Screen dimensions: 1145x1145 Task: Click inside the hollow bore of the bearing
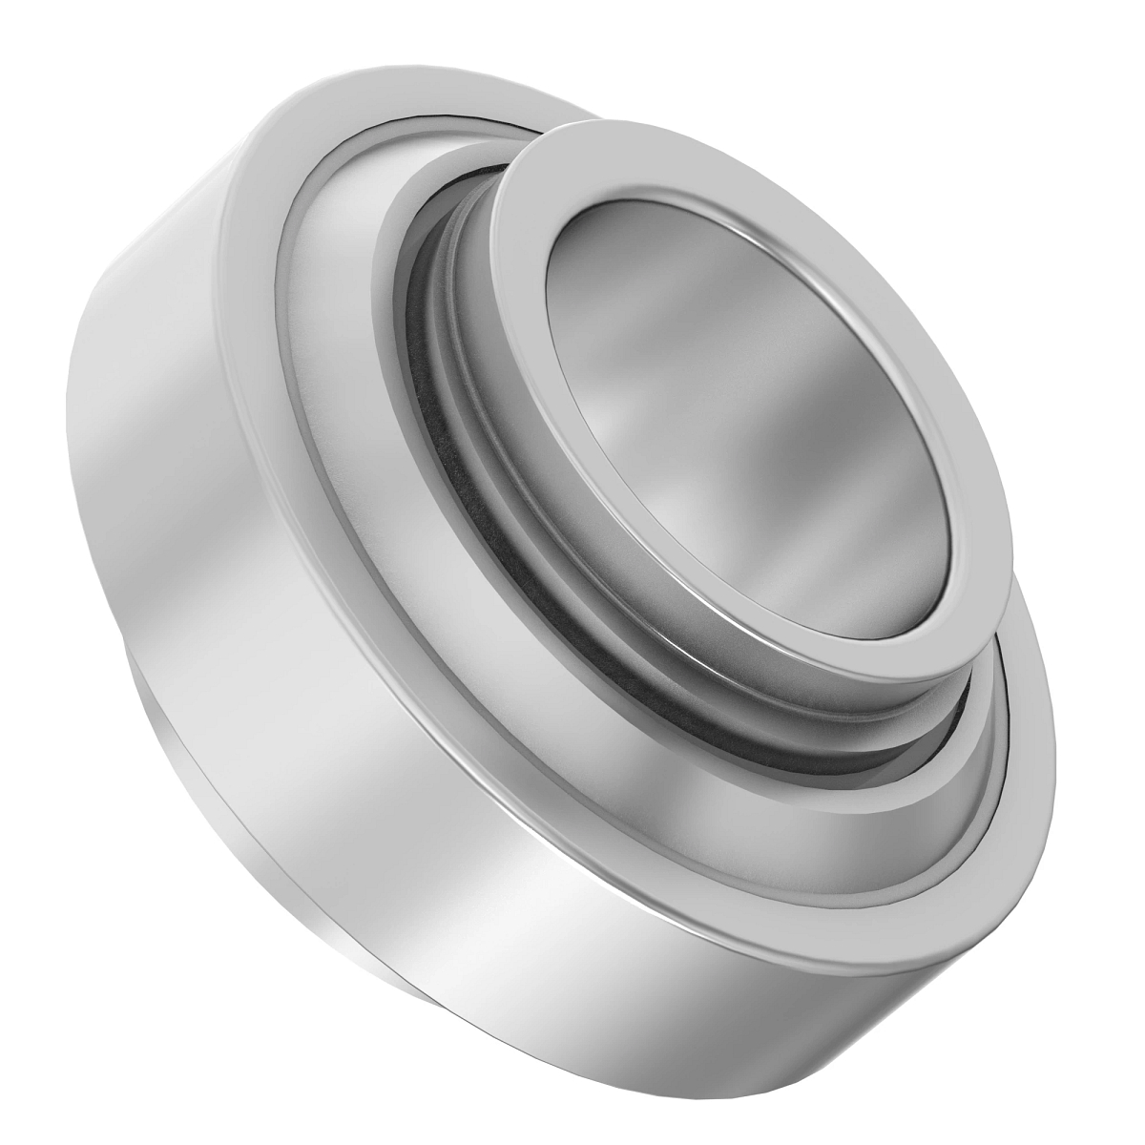pyautogui.click(x=754, y=401)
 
